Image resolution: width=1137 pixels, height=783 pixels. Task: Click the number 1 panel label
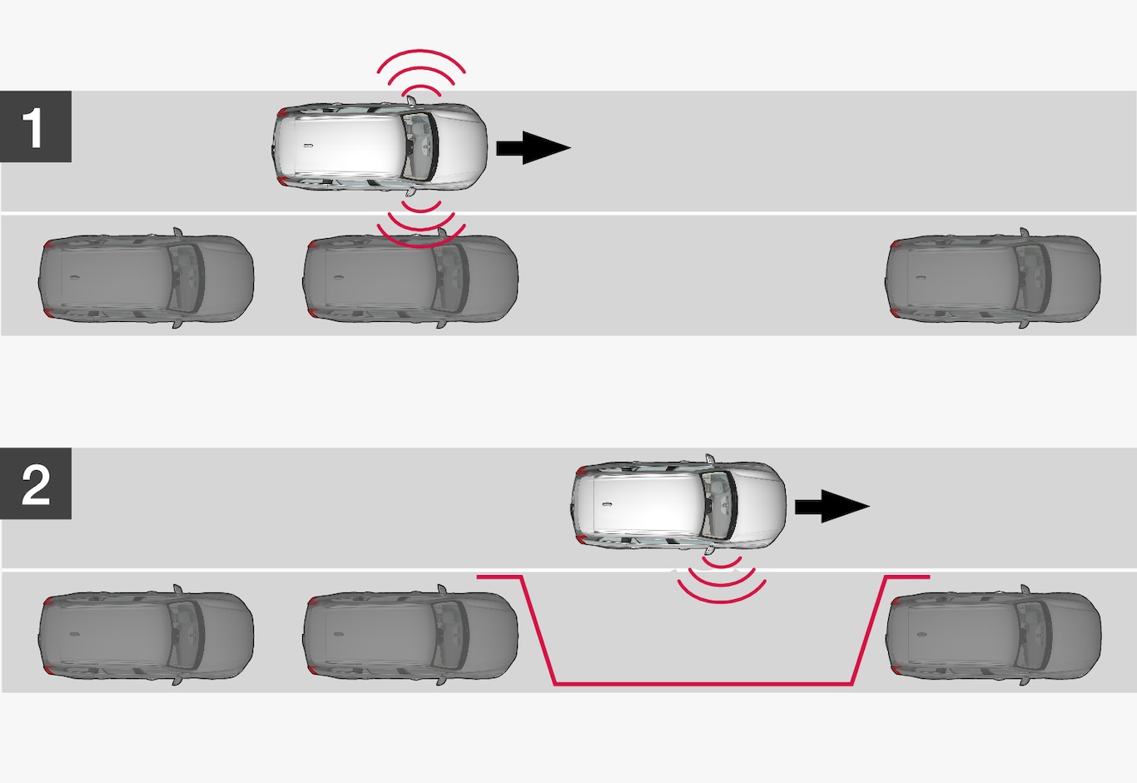[x=35, y=127]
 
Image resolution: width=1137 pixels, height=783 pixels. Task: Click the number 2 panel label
[x=35, y=484]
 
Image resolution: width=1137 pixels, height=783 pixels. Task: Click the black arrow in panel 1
[x=533, y=147]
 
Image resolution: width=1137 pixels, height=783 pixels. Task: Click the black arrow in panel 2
[x=832, y=506]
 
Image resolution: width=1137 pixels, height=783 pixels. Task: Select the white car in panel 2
[x=678, y=505]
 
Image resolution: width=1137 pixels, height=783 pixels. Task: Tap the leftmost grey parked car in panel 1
[x=146, y=278]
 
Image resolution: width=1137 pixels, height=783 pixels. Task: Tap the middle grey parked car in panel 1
[x=410, y=278]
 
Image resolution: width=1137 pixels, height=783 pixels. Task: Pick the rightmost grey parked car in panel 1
[x=992, y=278]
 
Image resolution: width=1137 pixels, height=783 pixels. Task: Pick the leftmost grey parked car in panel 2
[x=146, y=635]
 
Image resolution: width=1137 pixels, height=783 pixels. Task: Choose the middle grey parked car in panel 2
[x=410, y=635]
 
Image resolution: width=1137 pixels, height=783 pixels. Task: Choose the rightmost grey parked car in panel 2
[x=992, y=635]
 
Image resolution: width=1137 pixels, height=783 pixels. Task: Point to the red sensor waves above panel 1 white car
[x=420, y=71]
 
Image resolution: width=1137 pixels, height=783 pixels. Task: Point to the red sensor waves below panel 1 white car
[x=420, y=223]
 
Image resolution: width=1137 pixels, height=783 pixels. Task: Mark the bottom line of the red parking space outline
[x=703, y=684]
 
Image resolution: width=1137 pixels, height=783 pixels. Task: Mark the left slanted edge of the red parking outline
[x=538, y=630]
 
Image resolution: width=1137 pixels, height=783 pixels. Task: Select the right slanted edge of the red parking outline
[x=869, y=630]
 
